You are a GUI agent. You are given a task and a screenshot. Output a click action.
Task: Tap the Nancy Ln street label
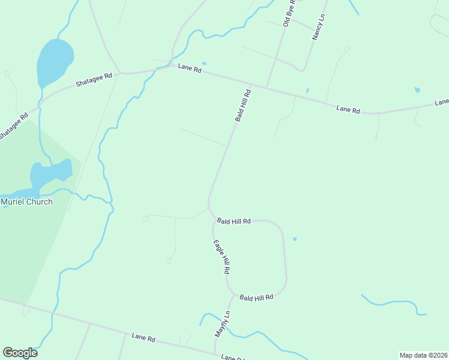point(318,28)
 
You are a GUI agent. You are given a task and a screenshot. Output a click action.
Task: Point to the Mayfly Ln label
point(223,324)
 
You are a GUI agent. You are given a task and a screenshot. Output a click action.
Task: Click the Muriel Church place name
point(26,202)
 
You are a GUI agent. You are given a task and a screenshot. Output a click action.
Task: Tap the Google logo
point(20,353)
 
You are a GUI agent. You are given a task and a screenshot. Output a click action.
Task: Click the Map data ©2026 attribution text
point(423,355)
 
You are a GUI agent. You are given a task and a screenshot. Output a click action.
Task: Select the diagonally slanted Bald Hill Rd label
point(243,105)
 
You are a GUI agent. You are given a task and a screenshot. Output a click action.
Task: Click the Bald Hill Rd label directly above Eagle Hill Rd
point(234,221)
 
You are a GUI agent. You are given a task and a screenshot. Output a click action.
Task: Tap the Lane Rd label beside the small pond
point(189,68)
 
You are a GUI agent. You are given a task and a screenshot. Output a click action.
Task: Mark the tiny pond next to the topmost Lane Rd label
point(204,63)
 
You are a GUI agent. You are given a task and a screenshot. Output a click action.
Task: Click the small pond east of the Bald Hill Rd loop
point(294,239)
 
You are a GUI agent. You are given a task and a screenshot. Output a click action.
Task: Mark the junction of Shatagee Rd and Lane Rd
point(119,73)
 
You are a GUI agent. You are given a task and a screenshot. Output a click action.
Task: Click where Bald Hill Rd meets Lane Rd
point(267,88)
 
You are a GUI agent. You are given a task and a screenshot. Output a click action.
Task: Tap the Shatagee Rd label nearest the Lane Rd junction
point(94,80)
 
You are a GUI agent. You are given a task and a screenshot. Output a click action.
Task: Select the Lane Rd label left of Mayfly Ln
point(143,338)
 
